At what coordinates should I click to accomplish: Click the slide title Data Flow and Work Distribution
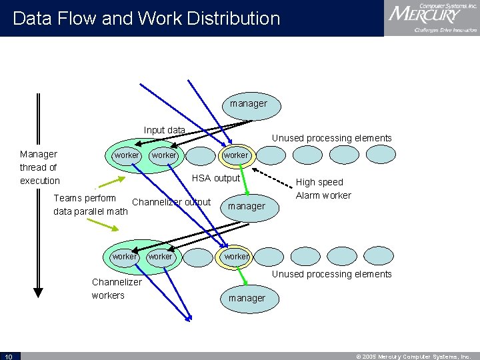coord(147,18)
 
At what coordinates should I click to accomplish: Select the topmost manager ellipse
coord(249,105)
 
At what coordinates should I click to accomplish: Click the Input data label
coord(164,130)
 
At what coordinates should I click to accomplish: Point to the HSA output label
coord(215,178)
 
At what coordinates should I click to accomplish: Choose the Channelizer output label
coord(171,202)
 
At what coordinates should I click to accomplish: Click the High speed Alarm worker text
coord(323,189)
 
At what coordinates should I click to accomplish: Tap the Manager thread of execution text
coord(39,167)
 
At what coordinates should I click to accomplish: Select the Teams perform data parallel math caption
coord(90,205)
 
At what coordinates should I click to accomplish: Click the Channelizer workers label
coord(116,288)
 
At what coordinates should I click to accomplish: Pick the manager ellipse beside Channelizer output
coord(247,207)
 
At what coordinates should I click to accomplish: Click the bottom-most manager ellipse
coord(247,299)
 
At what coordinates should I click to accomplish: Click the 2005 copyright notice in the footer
coord(417,356)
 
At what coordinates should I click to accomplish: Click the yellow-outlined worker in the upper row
coord(235,155)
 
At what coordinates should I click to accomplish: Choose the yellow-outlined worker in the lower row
coord(235,257)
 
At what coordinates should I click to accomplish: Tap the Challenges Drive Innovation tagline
coord(445,31)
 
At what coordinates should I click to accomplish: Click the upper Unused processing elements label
coord(331,138)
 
